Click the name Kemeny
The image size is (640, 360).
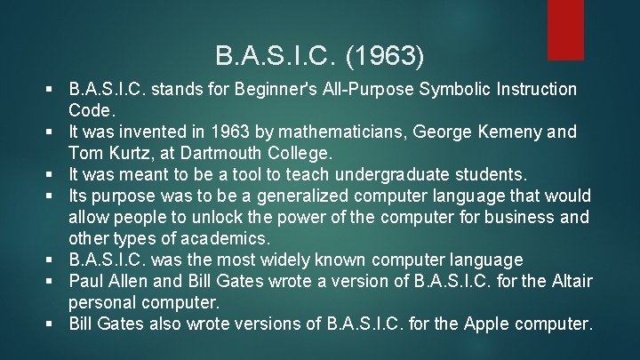click(509, 132)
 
